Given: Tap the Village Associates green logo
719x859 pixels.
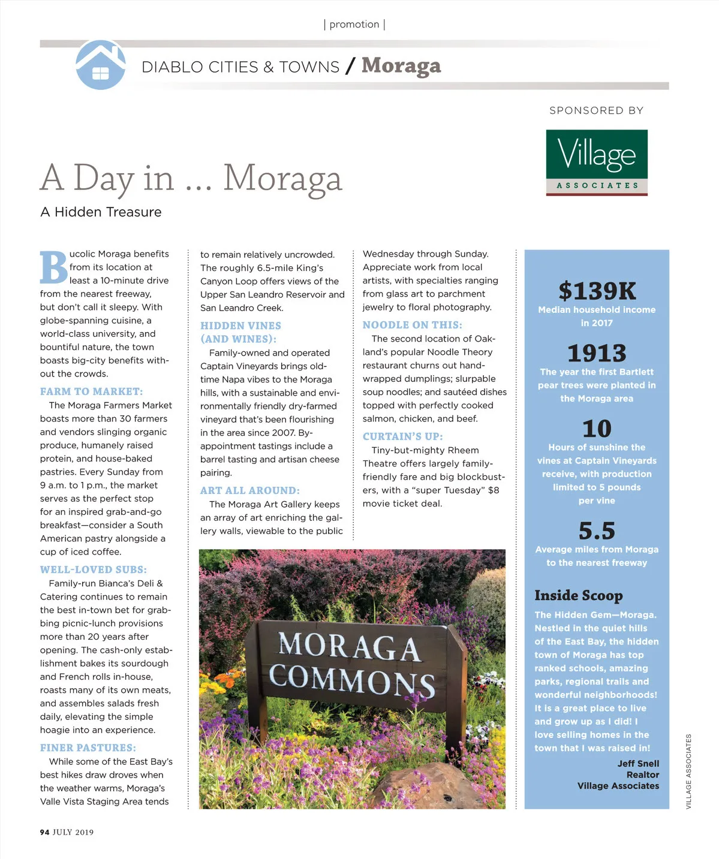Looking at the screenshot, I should pos(596,162).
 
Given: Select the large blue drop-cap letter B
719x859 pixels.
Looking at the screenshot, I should pos(53,267).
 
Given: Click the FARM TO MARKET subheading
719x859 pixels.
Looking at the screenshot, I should pos(91,391).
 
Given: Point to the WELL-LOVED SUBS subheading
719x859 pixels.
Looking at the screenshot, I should pos(93,569).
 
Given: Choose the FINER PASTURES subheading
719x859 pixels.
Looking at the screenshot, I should pos(88,748).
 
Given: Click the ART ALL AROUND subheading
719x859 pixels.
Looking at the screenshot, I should pos(249,490).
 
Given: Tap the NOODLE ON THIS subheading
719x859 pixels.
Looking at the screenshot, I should pos(412,325).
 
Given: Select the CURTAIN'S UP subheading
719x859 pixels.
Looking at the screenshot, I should pos(402,436).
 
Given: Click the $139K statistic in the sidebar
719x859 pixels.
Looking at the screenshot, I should pos(597,291).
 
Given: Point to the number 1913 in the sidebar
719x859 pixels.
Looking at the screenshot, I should pos(597,353).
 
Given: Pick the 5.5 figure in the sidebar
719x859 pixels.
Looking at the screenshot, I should pos(597,531).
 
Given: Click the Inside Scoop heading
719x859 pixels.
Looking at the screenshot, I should pos(578,595).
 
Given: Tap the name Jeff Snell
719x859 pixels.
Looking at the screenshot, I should pos(638,763).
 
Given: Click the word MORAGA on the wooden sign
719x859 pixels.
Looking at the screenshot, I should pos(348,647).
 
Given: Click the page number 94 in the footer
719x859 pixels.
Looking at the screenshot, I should pos(44,832).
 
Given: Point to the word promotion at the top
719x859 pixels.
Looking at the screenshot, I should pos(354,25).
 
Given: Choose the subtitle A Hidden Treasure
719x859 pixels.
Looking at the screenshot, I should pos(101,212).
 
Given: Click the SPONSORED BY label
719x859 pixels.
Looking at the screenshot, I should pos(596,110).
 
